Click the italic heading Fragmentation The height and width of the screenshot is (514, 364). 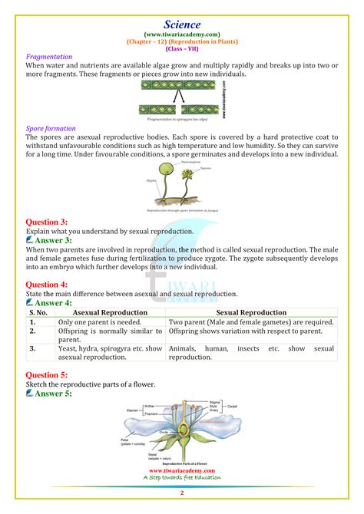click(49, 57)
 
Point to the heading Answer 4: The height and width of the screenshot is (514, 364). click(51, 303)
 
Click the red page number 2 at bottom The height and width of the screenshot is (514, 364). click(182, 493)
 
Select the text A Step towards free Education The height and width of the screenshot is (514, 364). click(182, 478)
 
